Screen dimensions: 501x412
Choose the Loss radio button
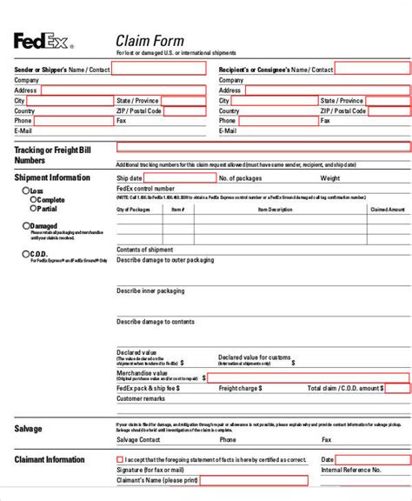click(x=25, y=190)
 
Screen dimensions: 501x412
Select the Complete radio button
click(x=34, y=199)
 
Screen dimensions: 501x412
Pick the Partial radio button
click(x=34, y=209)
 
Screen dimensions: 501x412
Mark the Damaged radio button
click(x=25, y=226)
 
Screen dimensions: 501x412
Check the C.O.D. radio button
click(x=25, y=254)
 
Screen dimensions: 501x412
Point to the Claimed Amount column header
click(x=388, y=210)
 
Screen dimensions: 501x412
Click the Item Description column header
click(x=275, y=210)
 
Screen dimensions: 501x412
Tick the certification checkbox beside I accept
click(x=120, y=459)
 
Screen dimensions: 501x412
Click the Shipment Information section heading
click(x=51, y=177)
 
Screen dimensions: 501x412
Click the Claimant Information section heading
click(x=50, y=459)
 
